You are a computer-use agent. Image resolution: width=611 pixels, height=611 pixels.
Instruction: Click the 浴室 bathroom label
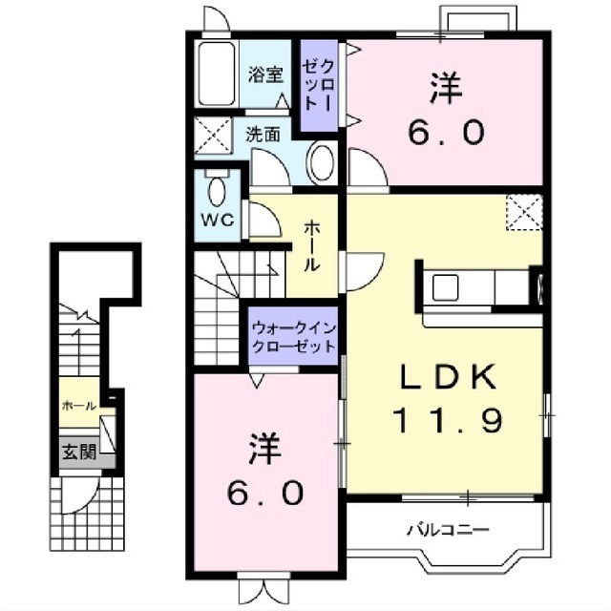(266, 74)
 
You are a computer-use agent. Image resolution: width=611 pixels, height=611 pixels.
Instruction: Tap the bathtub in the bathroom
(217, 74)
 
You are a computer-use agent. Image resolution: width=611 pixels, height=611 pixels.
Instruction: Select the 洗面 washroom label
(263, 135)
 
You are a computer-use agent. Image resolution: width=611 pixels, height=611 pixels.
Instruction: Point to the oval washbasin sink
(322, 163)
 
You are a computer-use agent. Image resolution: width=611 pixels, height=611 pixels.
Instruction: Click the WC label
(218, 221)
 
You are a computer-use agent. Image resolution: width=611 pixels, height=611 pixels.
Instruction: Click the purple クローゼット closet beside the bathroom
(318, 85)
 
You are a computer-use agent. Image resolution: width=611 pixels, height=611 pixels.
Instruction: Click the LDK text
(448, 376)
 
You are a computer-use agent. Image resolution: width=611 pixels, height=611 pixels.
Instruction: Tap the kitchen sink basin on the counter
(446, 287)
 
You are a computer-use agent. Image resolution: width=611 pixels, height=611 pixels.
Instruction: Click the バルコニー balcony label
(448, 530)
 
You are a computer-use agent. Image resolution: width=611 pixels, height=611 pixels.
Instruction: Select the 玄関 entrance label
(79, 452)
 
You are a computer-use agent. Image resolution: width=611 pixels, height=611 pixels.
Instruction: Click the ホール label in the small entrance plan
(79, 406)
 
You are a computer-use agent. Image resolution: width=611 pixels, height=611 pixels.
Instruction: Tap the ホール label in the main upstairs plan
(312, 245)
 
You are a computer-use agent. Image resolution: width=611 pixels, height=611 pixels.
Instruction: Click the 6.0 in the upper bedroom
(447, 132)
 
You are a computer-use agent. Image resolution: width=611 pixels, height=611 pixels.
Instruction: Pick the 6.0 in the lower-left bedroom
(264, 493)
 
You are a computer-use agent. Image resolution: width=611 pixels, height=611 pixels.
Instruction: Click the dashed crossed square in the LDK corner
(524, 212)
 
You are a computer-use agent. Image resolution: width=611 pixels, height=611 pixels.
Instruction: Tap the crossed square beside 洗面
(213, 136)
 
